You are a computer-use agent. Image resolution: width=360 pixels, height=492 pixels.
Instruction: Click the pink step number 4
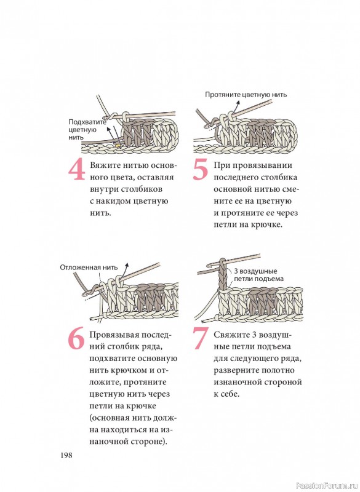click(77, 170)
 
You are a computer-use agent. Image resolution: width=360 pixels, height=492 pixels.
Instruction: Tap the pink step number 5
click(200, 170)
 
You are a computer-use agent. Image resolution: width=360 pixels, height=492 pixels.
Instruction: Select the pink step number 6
click(76, 339)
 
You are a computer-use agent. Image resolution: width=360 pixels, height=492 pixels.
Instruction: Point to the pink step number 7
click(201, 339)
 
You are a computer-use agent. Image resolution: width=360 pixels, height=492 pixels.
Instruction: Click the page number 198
click(66, 455)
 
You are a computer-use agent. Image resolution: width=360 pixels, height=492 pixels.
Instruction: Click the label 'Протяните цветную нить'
click(246, 95)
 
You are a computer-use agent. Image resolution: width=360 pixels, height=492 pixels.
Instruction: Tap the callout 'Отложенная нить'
click(89, 268)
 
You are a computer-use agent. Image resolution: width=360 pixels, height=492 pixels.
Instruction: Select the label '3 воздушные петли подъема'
click(258, 275)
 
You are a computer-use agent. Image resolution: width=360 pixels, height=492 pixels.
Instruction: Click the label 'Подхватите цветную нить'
click(87, 130)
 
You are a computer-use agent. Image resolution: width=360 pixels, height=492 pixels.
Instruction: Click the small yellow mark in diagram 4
click(118, 145)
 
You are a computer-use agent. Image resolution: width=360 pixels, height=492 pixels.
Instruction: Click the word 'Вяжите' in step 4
click(105, 165)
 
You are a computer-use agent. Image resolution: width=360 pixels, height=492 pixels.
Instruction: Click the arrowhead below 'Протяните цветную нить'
click(238, 103)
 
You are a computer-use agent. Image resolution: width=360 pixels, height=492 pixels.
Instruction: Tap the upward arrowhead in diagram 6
click(127, 265)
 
